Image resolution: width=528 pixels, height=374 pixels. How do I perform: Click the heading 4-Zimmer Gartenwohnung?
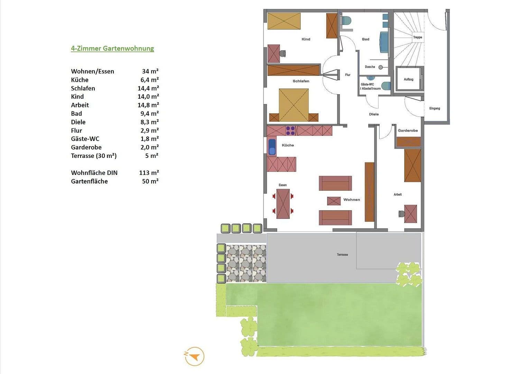(x=112, y=48)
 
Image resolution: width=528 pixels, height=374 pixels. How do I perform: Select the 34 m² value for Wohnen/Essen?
(x=150, y=71)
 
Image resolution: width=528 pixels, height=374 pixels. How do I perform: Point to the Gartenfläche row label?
(x=89, y=181)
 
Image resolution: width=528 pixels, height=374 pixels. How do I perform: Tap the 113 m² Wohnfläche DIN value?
(x=149, y=173)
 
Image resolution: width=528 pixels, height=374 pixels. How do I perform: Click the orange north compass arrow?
(x=195, y=356)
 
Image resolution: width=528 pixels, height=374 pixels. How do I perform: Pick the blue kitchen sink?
(x=272, y=146)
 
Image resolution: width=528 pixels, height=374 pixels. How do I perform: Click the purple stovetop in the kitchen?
(x=290, y=131)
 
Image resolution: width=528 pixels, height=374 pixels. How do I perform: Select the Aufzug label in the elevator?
(x=408, y=80)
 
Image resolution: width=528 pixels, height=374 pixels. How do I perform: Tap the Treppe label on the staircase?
(x=417, y=37)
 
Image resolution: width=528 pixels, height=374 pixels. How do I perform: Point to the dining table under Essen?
(x=283, y=204)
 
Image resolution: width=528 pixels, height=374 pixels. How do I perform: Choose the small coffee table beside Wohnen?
(x=334, y=201)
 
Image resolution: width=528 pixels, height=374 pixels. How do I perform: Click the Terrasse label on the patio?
(x=342, y=255)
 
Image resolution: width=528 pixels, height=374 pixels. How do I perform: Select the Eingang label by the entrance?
(x=435, y=108)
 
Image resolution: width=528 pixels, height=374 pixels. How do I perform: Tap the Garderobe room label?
(x=408, y=131)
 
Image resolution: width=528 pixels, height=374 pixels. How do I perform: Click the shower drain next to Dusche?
(x=380, y=67)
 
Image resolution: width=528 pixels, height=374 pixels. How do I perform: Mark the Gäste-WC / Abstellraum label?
(x=370, y=87)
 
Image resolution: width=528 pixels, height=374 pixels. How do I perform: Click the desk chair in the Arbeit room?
(x=402, y=214)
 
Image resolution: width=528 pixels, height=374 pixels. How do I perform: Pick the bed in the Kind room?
(x=284, y=21)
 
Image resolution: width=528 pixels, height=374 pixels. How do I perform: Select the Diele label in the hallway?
(x=374, y=114)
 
